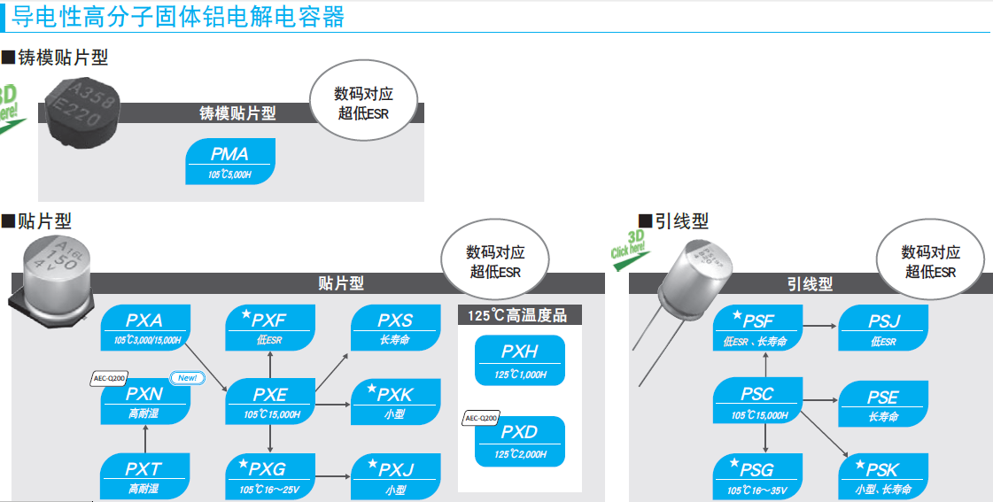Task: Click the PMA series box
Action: pos(230,161)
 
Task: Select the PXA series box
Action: pos(145,328)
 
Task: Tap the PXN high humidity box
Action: pos(145,401)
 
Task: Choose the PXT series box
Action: pos(145,475)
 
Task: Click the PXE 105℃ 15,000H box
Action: pos(271,401)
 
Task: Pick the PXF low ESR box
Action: pos(271,328)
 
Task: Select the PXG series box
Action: pos(271,475)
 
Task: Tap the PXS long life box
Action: pos(396,328)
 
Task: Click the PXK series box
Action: pos(396,401)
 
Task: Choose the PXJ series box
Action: pos(396,475)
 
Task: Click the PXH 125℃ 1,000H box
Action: pos(520,359)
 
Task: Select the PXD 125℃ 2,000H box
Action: pos(520,440)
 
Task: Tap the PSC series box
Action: pos(758,401)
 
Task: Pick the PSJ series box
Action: pos(883,328)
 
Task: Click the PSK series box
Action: pos(883,475)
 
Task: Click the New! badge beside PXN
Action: pos(187,378)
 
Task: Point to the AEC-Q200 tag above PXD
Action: pos(481,418)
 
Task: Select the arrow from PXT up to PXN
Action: pos(145,438)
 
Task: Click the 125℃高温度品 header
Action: pos(518,314)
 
